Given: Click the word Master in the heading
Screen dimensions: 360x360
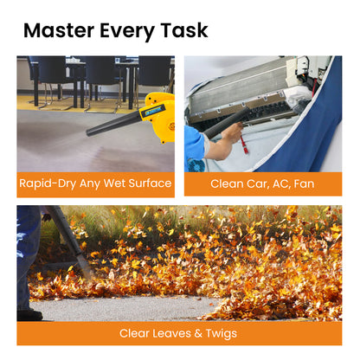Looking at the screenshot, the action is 59,30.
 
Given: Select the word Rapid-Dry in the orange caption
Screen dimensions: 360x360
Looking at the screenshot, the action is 48,183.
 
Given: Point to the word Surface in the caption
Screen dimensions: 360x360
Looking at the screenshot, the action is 150,183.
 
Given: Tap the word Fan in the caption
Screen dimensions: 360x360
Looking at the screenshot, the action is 304,183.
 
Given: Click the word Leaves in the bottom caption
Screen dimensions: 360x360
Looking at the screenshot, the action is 171,333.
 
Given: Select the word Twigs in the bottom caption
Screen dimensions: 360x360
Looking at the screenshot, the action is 221,334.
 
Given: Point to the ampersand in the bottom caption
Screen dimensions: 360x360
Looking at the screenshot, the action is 198,334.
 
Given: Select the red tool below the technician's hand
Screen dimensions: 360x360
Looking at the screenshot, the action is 244,145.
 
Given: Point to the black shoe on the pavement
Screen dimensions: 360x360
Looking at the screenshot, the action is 29,315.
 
